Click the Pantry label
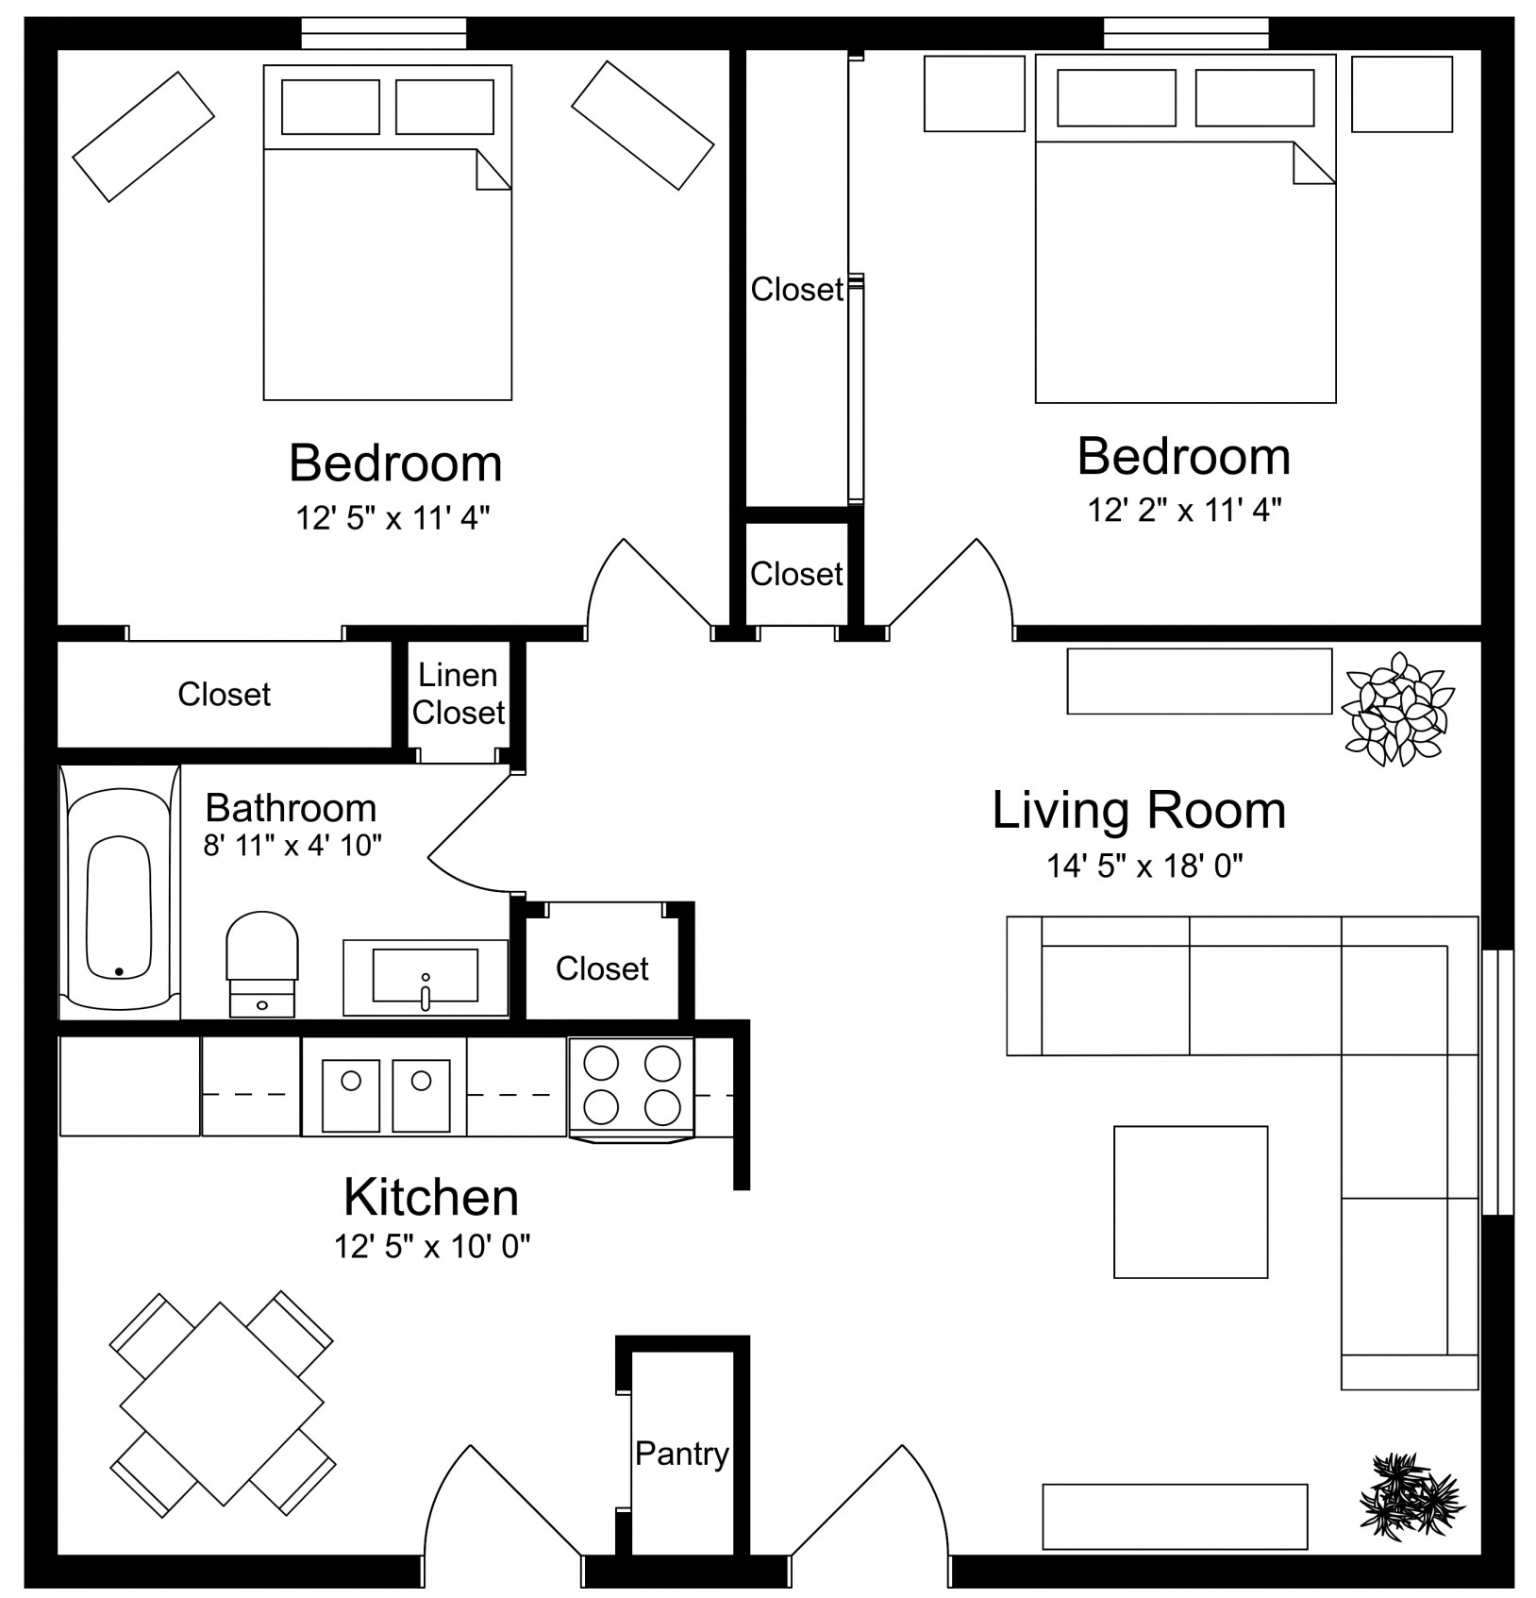[681, 1454]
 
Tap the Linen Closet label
[459, 694]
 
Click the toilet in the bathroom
[262, 964]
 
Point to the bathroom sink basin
[426, 976]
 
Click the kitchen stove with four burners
[631, 1089]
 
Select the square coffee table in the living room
[1191, 1202]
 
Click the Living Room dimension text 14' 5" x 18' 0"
[1144, 866]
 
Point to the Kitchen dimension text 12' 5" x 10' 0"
[432, 1247]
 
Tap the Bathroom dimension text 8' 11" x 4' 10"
[292, 845]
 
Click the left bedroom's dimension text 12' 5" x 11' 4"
[393, 518]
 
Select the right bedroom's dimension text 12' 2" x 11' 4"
[1184, 511]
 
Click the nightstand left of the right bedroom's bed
[975, 93]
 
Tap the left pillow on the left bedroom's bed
[330, 107]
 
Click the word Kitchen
[431, 1197]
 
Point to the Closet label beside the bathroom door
[602, 968]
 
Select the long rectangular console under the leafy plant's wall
[1199, 681]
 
